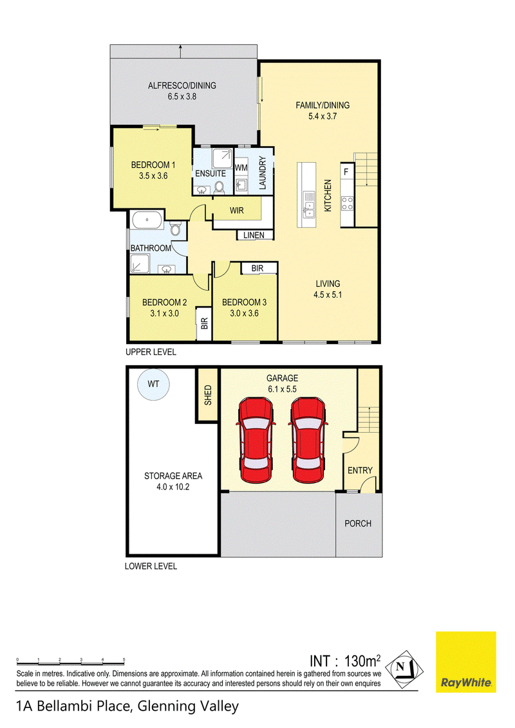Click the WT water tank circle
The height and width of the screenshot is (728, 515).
pos(153,384)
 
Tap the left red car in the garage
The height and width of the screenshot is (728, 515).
pos(256,440)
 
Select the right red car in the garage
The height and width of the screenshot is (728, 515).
pos(308,440)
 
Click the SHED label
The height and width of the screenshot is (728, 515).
pos(208,395)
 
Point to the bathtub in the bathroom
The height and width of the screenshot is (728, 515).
pos(147,220)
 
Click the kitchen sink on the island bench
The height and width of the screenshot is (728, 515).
pos(308,210)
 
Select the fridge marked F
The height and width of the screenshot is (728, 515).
pos(346,172)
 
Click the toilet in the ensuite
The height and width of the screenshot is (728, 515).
pos(219,187)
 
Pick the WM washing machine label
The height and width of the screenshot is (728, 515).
pos(241,168)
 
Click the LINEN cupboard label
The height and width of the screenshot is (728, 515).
pos(254,235)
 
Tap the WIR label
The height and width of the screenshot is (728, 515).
pos(237,211)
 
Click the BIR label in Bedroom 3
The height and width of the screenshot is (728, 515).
pos(257,268)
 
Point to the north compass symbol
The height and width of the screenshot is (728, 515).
pos(404,670)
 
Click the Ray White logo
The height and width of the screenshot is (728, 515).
pos(465,662)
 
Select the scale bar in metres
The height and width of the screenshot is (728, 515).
pos(71,661)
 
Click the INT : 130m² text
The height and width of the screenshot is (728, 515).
pos(345,660)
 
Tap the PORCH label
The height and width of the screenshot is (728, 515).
pos(358,523)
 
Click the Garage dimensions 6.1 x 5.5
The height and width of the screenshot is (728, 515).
pos(282,389)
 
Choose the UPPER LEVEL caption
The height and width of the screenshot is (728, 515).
pos(151,352)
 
